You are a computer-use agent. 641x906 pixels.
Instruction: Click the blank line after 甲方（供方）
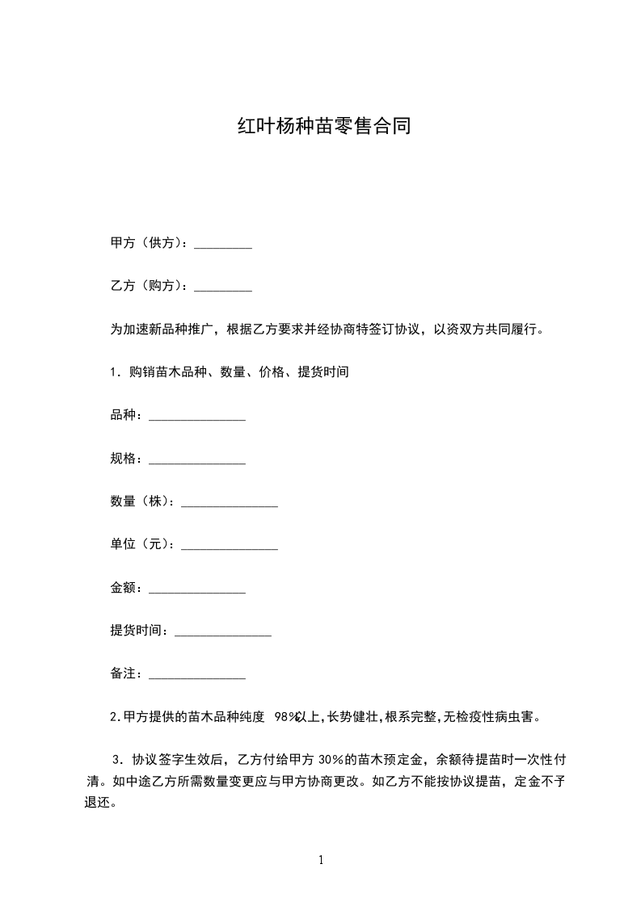[x=224, y=245]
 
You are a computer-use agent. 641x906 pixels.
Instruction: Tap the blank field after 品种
[x=197, y=417]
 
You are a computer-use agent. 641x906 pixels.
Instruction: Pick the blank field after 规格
[x=197, y=459]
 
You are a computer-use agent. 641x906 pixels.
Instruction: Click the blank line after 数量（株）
[x=230, y=502]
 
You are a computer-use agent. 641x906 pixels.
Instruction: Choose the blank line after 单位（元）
[x=230, y=546]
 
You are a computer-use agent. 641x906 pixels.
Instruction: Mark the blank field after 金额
[x=197, y=589]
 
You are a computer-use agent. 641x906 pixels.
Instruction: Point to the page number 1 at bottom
[x=321, y=860]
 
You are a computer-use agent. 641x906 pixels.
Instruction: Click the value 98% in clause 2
[x=287, y=717]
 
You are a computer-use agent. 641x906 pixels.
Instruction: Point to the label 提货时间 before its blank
[x=138, y=631]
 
